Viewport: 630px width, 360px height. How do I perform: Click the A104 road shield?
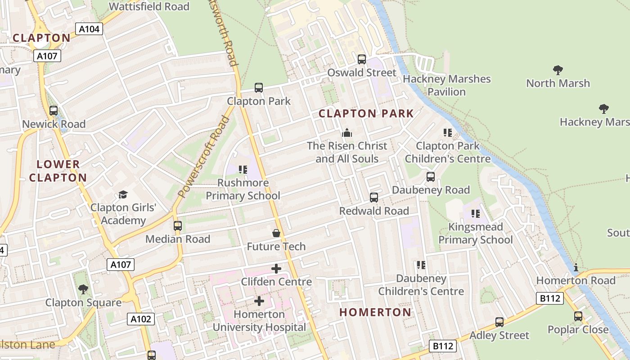[x=90, y=29]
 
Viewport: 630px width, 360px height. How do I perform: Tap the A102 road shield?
[x=141, y=319]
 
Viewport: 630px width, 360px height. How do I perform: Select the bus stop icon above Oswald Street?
[x=361, y=59]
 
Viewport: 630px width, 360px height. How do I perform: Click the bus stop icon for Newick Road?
[x=54, y=111]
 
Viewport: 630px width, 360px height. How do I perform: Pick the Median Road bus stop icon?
[x=178, y=226]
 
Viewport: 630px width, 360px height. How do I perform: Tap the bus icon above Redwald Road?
[x=373, y=198]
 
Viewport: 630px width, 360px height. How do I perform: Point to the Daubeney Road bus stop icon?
[x=431, y=177]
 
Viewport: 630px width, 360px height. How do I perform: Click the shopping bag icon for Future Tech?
[x=276, y=233]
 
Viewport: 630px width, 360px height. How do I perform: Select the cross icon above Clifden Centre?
[x=276, y=269]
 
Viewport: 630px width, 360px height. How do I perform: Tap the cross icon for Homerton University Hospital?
[x=259, y=301]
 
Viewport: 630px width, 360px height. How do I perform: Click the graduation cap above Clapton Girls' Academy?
[x=123, y=194]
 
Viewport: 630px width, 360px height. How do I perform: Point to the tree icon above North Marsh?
[x=558, y=70]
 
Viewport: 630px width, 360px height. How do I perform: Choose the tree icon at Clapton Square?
[x=83, y=289]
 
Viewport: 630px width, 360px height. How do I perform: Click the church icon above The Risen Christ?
[x=346, y=133]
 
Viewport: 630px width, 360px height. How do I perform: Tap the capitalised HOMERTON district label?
[x=375, y=312]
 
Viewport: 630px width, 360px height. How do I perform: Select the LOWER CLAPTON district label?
[x=58, y=171]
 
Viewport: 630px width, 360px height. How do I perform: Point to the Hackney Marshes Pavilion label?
[x=446, y=85]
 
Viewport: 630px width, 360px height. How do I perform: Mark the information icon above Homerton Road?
[x=576, y=268]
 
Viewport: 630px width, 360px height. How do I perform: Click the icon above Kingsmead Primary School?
[x=476, y=214]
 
